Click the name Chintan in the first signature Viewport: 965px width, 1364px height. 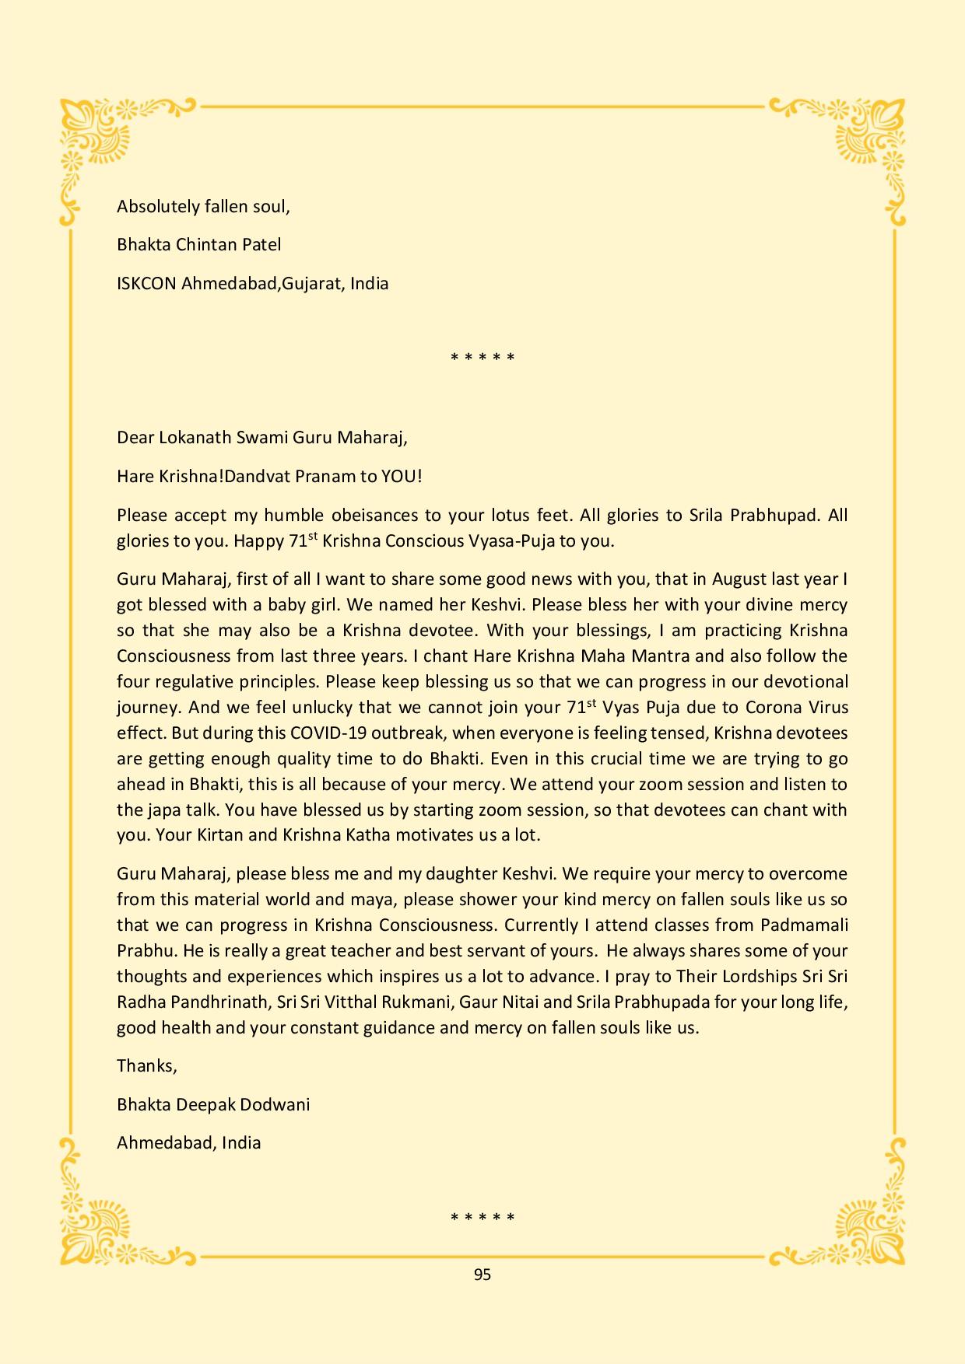pyautogui.click(x=208, y=245)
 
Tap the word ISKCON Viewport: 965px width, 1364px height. pyautogui.click(x=146, y=283)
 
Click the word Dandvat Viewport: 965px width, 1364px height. pyautogui.click(x=256, y=476)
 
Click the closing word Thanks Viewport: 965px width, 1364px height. pyautogui.click(x=146, y=1066)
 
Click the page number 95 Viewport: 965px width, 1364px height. pyautogui.click(x=482, y=1275)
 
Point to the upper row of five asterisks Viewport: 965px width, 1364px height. pyautogui.click(x=482, y=358)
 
